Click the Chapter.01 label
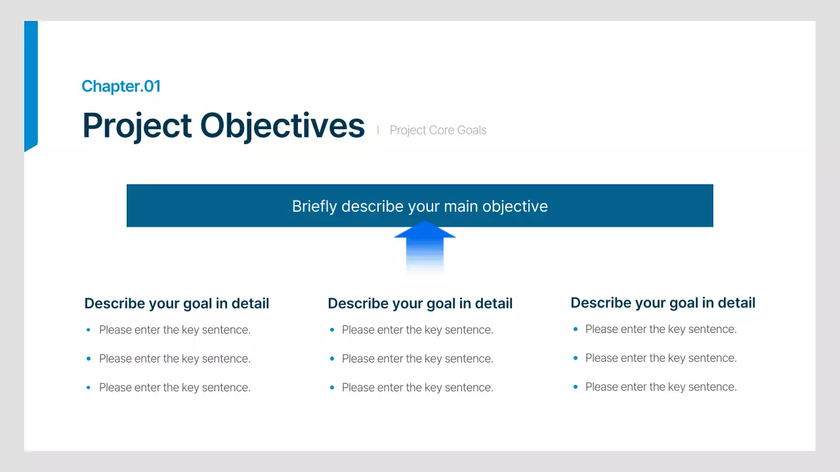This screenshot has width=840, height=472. pos(121,86)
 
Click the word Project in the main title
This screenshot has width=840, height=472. pos(136,125)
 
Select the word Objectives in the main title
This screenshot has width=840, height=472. pos(282,125)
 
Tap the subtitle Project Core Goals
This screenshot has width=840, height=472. pos(438,130)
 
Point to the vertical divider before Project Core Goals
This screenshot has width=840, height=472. pos(378,130)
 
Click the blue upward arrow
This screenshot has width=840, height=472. pos(425,245)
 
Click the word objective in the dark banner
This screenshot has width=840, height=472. pos(514,206)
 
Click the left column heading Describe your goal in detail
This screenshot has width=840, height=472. pos(177,304)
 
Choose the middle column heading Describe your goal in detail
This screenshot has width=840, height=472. pos(420,304)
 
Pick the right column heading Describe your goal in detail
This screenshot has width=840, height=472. pos(663,303)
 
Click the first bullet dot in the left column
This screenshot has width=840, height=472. pos(89,330)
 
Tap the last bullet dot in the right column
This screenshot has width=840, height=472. pos(575,387)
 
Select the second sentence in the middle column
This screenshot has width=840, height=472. pos(417,359)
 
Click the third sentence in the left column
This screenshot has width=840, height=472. pos(175,387)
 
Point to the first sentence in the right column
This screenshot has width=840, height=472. pos(661,329)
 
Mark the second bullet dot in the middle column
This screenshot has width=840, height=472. pos(332,359)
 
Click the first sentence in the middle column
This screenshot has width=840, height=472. pos(417,330)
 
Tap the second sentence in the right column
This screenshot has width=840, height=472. pos(661,358)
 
